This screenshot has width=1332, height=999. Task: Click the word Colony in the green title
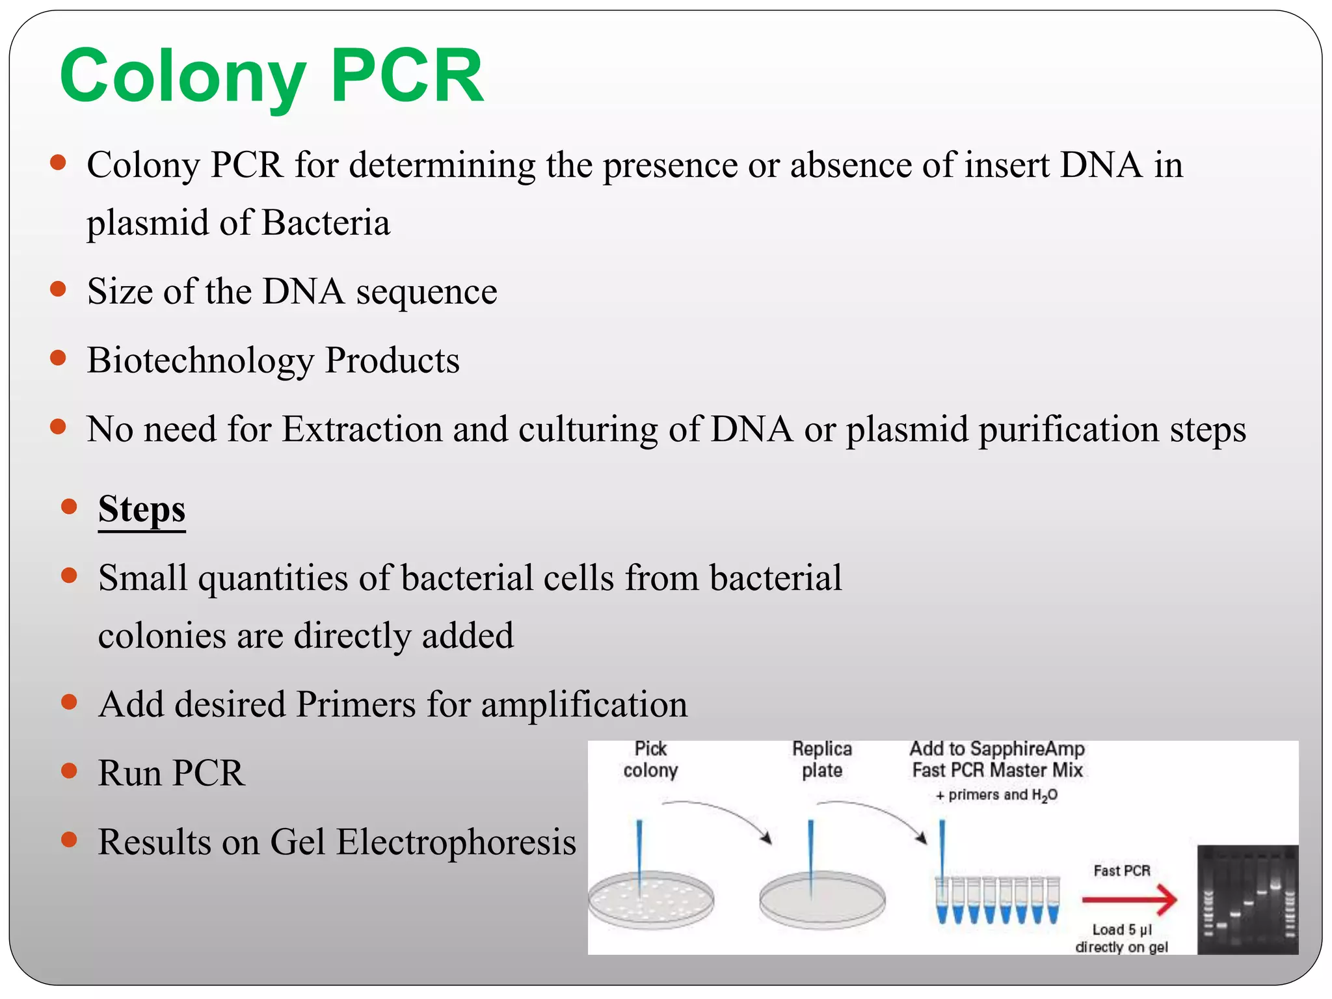coord(182,77)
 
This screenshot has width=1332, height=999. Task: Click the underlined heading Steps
coord(142,509)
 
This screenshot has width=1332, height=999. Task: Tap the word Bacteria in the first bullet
coord(326,222)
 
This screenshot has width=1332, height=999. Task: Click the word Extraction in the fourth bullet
coord(362,429)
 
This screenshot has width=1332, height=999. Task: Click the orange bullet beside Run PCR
coord(69,771)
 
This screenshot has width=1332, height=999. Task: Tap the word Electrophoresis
coord(456,842)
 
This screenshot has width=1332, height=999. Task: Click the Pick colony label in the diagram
coord(650,759)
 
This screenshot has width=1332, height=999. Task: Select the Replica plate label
coord(822,759)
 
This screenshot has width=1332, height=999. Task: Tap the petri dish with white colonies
coord(651,900)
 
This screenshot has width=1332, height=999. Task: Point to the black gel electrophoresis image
coord(1247,899)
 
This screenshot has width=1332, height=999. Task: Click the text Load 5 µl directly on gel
coord(1122,938)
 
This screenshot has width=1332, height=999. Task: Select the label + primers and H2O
coord(996,795)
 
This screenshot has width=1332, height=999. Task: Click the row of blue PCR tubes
coord(998,900)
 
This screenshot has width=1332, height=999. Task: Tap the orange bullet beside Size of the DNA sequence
coord(59,289)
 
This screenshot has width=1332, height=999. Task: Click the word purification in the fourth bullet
coord(1069,429)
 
